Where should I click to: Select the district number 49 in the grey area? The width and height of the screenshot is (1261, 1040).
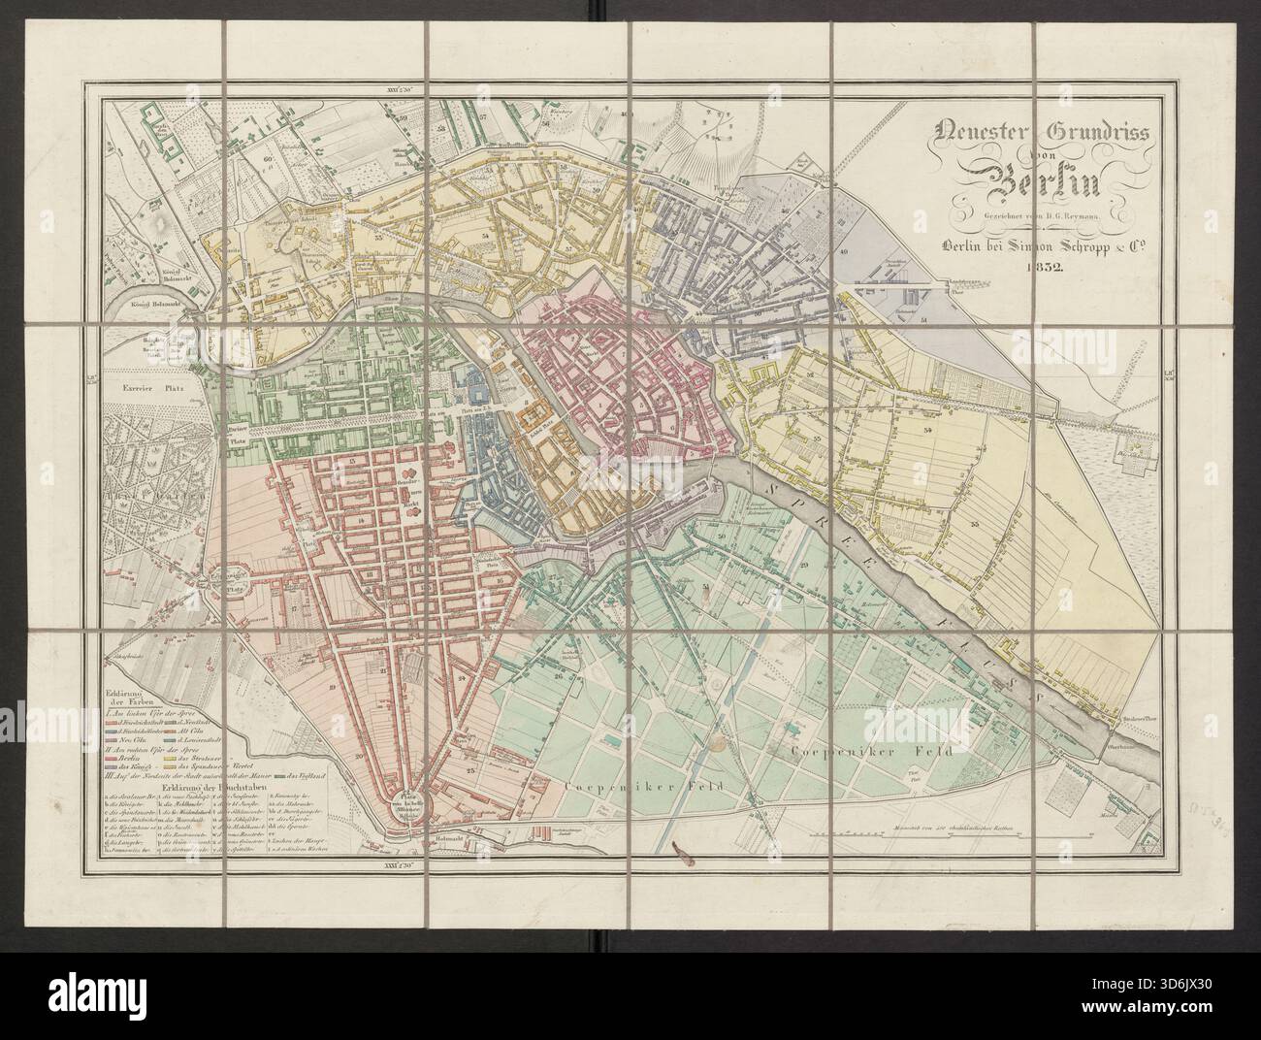tap(843, 252)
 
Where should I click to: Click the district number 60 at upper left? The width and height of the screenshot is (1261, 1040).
tap(267, 155)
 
